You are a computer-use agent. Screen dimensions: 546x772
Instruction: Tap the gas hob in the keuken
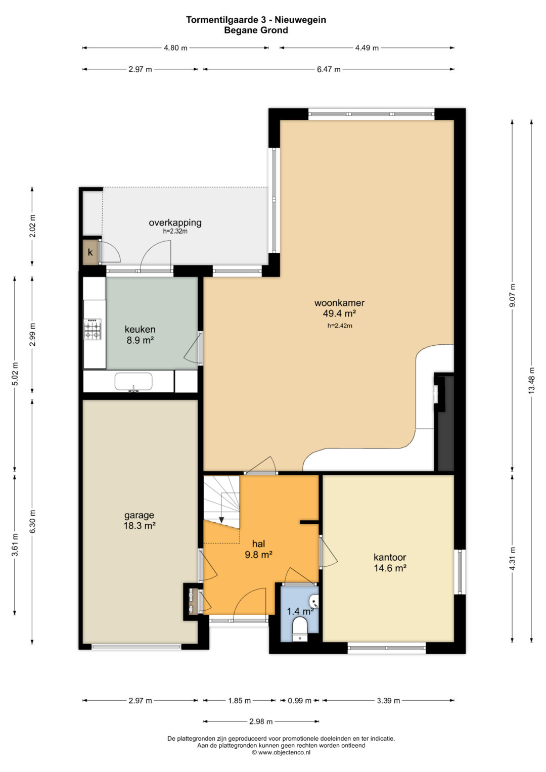tap(93, 329)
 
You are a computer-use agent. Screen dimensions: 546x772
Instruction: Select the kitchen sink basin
tap(133, 382)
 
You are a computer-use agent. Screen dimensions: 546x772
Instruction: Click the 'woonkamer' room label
tap(340, 303)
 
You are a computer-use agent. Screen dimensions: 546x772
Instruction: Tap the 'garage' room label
tap(139, 516)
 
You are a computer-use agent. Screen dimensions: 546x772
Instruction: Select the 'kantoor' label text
tap(390, 557)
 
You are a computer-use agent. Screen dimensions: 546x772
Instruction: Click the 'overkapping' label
tap(175, 222)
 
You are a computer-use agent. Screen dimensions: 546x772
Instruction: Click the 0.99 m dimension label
tap(299, 701)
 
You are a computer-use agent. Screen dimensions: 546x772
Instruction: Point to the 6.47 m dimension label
tap(329, 69)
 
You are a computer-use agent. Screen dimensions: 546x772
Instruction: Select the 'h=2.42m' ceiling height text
tap(340, 326)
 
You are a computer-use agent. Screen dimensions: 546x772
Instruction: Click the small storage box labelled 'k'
tap(90, 252)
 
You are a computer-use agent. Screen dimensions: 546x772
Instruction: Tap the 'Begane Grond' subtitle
tap(256, 30)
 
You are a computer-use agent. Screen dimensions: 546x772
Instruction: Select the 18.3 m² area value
tap(139, 526)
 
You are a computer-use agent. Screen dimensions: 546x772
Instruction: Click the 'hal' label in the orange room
tap(258, 544)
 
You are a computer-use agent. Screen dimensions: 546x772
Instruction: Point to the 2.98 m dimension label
tap(261, 721)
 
